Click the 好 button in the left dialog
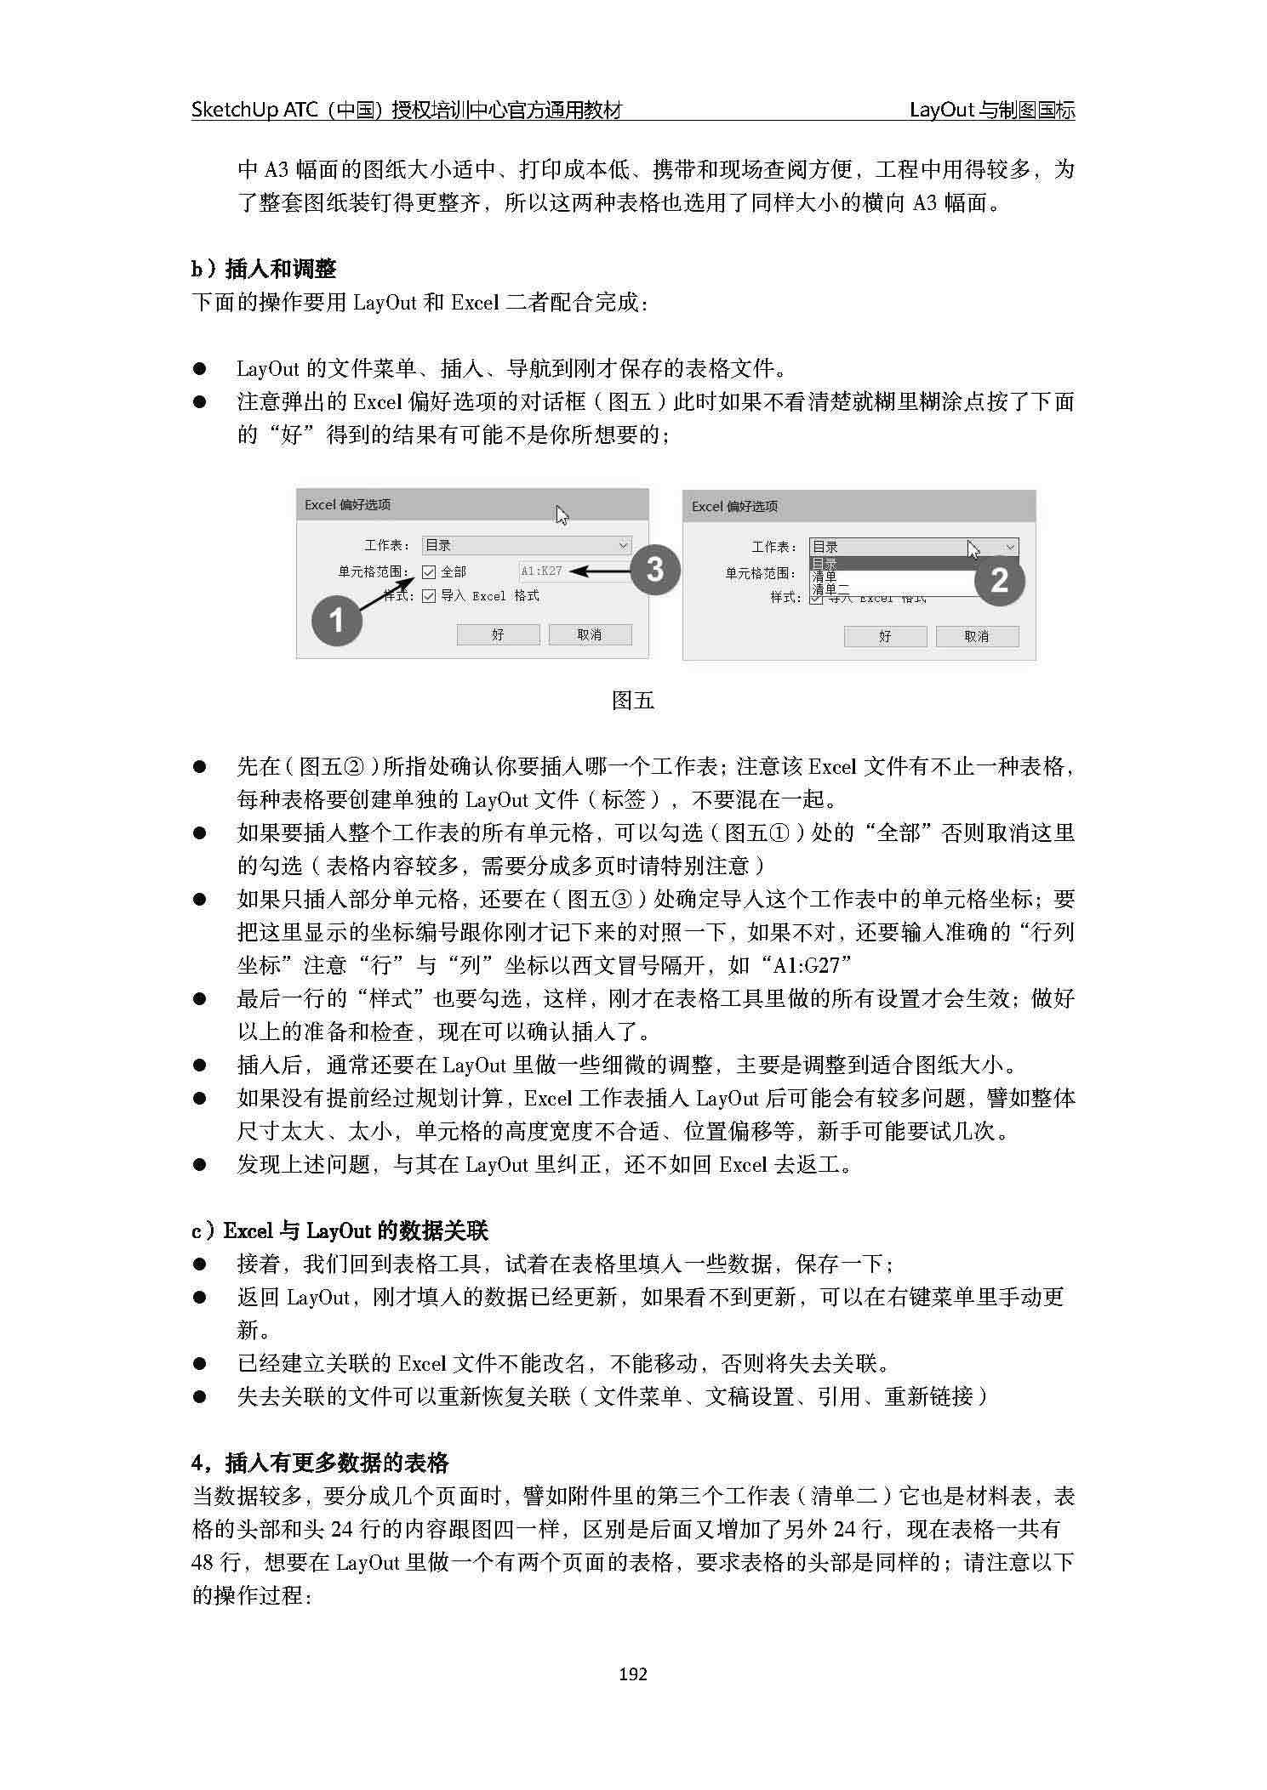click(x=498, y=634)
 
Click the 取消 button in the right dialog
click(x=976, y=636)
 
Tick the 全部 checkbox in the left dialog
click(x=429, y=572)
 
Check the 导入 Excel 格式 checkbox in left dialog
click(x=429, y=596)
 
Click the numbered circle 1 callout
click(x=336, y=620)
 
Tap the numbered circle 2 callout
click(x=1000, y=580)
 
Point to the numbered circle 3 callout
click(x=654, y=569)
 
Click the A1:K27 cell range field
click(x=542, y=571)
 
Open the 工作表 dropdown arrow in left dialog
click(x=623, y=545)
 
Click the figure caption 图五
click(x=633, y=701)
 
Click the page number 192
click(x=633, y=1674)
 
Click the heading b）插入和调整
click(x=264, y=270)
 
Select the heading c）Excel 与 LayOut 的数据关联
click(x=340, y=1230)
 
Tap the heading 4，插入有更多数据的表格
click(x=320, y=1463)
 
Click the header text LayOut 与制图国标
click(x=991, y=110)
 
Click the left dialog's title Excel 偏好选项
click(x=348, y=505)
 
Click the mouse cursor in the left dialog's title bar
click(x=562, y=514)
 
